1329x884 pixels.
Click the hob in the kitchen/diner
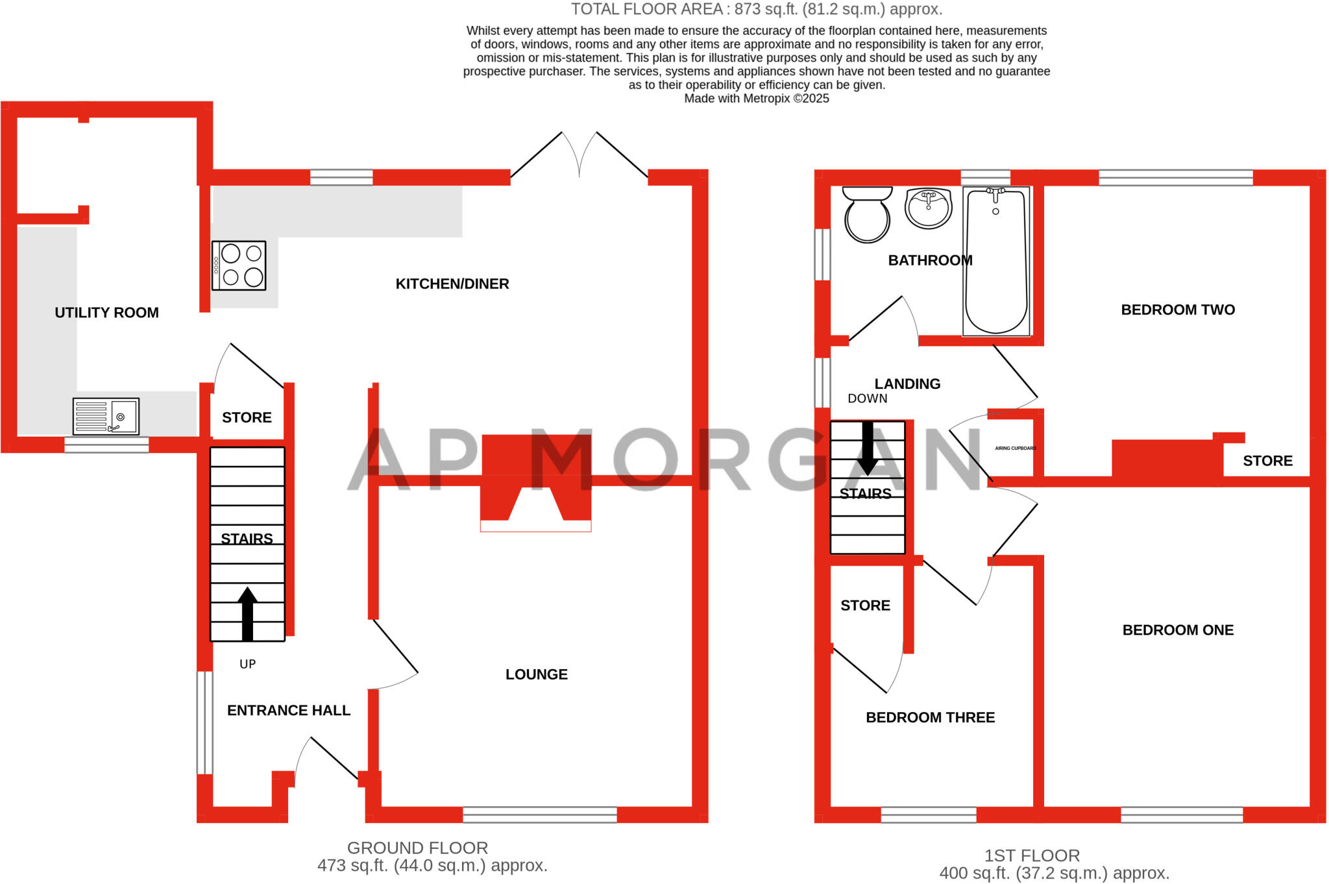tap(239, 265)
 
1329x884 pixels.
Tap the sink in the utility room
tap(106, 416)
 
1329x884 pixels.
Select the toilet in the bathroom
tap(867, 214)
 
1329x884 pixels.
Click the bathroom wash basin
tap(928, 208)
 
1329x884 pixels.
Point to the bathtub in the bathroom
tap(996, 262)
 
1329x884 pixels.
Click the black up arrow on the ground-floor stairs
tap(247, 613)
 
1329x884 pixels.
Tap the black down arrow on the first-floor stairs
tap(868, 448)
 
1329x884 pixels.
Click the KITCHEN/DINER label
tap(452, 284)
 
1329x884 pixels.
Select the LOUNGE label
tap(536, 674)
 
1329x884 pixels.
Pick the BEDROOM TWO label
tap(1178, 310)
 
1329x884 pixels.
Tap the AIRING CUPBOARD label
tap(1016, 448)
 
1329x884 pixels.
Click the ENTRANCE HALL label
tap(289, 711)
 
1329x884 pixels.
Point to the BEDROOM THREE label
tap(930, 717)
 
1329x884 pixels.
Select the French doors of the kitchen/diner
tap(579, 156)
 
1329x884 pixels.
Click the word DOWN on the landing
tap(867, 399)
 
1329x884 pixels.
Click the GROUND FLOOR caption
tap(417, 848)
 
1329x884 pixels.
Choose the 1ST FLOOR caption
tap(1032, 855)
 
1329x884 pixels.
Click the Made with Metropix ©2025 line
tap(756, 99)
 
